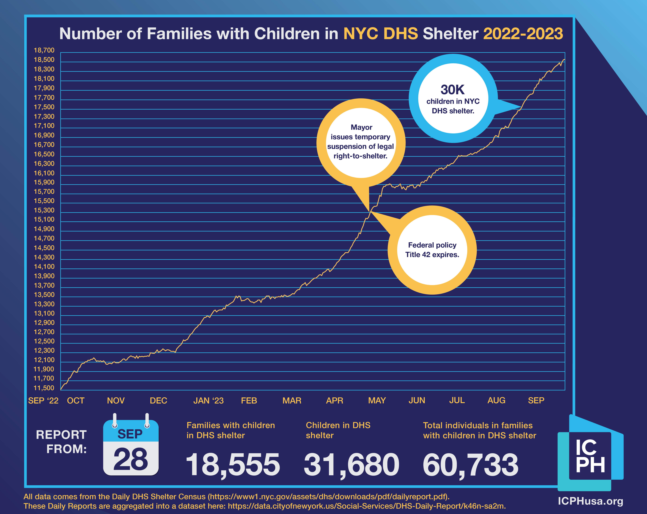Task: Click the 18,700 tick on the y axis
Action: click(44, 50)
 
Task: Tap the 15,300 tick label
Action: click(44, 210)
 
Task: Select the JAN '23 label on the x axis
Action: click(208, 401)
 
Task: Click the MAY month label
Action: click(377, 401)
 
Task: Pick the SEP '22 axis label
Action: click(43, 401)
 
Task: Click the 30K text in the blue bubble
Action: click(453, 90)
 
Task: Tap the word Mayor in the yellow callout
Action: click(361, 127)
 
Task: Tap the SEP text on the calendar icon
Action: click(130, 434)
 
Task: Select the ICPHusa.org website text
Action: click(590, 501)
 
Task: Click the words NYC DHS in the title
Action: click(380, 34)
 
